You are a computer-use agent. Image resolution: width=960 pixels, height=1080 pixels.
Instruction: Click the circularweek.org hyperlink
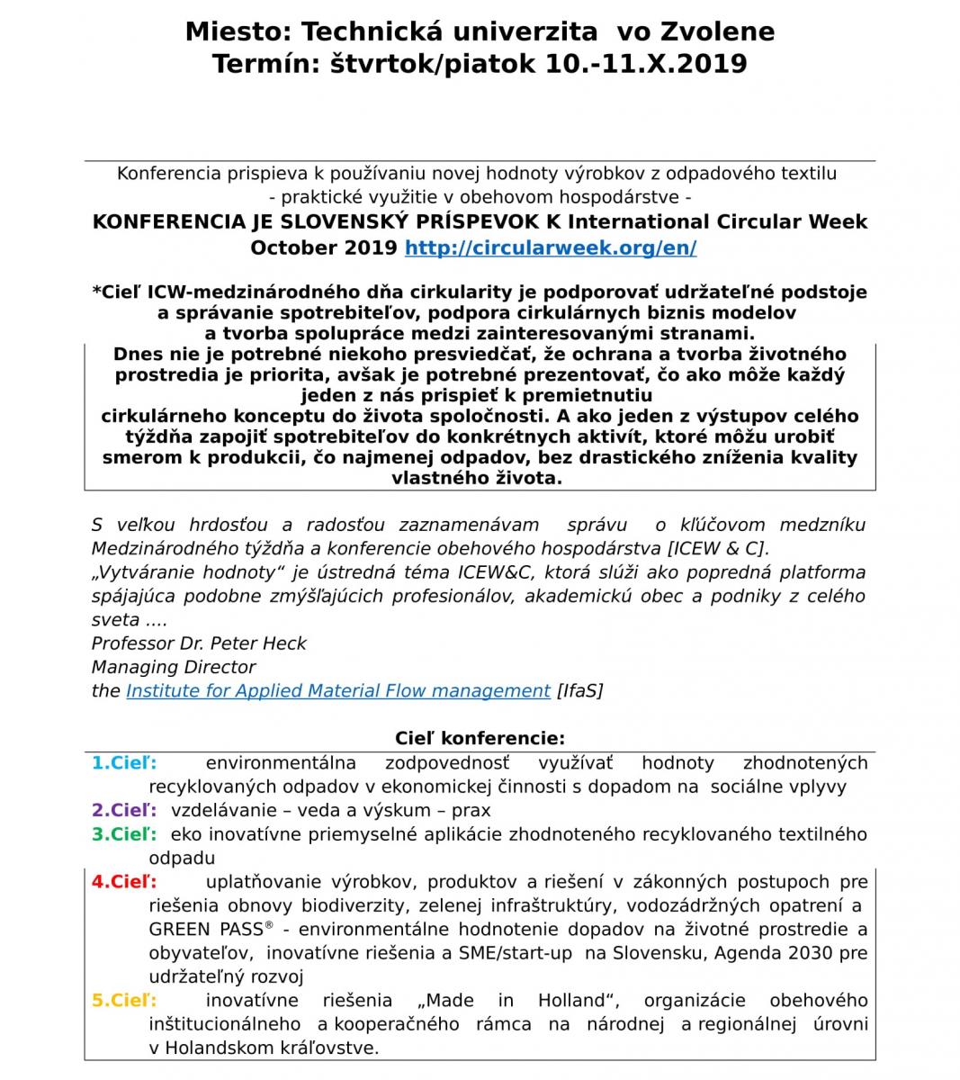(x=551, y=248)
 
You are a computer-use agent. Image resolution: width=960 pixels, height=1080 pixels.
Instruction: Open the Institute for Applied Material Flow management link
(x=338, y=691)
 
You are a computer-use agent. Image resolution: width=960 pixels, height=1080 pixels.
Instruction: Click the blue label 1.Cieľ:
(x=124, y=763)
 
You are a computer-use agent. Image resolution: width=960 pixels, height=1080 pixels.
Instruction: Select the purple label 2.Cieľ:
(x=124, y=810)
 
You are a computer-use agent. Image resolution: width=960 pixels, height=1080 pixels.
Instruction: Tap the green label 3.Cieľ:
(x=124, y=834)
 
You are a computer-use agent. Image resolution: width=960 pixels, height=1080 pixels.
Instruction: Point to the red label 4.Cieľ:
(x=124, y=882)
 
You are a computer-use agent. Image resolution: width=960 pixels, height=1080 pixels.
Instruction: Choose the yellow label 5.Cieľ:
(x=124, y=1000)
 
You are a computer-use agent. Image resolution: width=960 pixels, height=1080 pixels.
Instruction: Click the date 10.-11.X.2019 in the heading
(x=645, y=65)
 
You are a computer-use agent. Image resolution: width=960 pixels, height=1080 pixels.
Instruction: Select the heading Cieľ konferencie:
(x=480, y=739)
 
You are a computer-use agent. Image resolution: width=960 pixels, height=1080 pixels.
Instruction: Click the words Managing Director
(x=174, y=667)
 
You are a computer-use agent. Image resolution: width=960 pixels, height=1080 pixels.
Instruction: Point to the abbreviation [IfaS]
(x=580, y=691)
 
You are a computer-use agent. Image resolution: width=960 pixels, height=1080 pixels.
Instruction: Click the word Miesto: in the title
(x=239, y=32)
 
